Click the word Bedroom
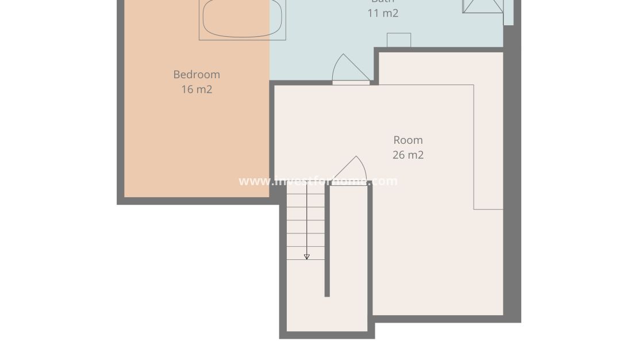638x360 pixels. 197,74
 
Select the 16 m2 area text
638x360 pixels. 197,89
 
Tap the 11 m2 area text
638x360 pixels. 383,13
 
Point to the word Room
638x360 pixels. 408,140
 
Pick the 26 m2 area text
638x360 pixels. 408,155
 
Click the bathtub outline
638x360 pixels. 242,19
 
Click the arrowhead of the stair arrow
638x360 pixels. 307,257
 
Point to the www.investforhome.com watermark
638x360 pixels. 318,181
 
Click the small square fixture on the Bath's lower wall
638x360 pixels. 399,40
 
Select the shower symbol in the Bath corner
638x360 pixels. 483,6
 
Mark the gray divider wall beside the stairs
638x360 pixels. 327,242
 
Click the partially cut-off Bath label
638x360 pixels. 383,2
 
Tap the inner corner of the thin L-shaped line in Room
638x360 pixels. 474,209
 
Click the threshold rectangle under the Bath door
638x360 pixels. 351,83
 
